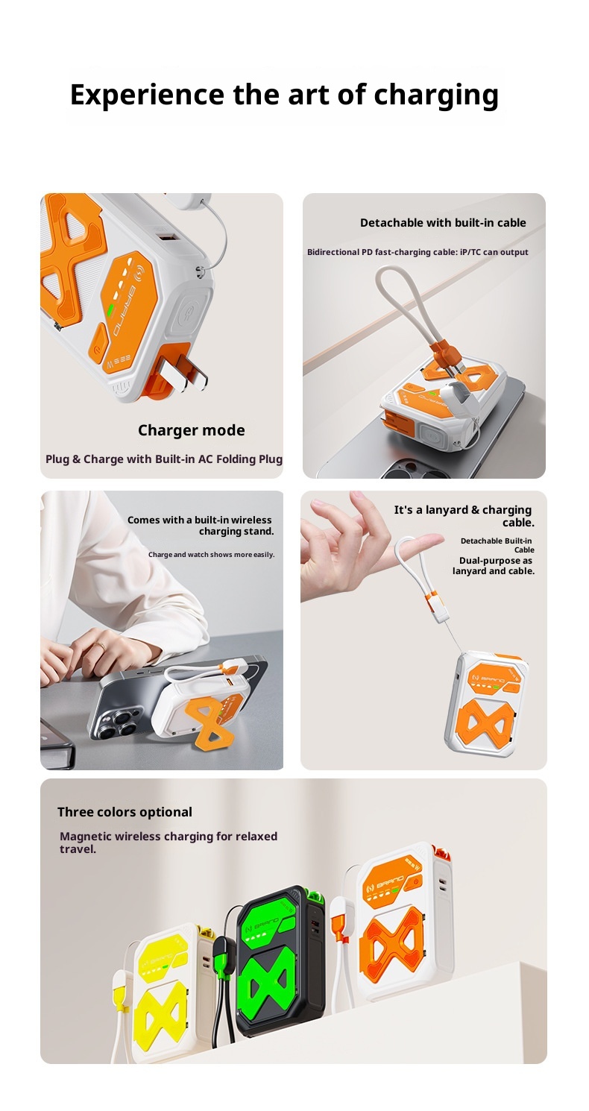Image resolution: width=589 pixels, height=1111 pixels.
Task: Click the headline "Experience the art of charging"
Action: point(284,95)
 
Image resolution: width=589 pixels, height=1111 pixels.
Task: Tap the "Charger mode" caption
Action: point(191,430)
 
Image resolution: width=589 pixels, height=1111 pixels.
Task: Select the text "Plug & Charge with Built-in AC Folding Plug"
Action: point(164,459)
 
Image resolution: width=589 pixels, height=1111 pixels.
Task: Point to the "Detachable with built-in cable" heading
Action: point(443,223)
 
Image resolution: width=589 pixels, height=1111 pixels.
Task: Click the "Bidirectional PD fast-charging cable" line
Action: point(418,252)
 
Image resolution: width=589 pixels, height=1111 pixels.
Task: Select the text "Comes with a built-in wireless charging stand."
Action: point(200,526)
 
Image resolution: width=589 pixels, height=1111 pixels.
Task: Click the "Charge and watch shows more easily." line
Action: point(211,554)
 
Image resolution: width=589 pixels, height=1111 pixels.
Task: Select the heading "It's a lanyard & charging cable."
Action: point(464,516)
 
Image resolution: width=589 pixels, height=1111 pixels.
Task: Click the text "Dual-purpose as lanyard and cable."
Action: point(493,566)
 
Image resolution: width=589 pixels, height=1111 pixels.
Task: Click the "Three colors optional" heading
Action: point(125,812)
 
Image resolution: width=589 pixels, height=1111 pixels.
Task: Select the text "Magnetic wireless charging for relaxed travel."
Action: point(168,843)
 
